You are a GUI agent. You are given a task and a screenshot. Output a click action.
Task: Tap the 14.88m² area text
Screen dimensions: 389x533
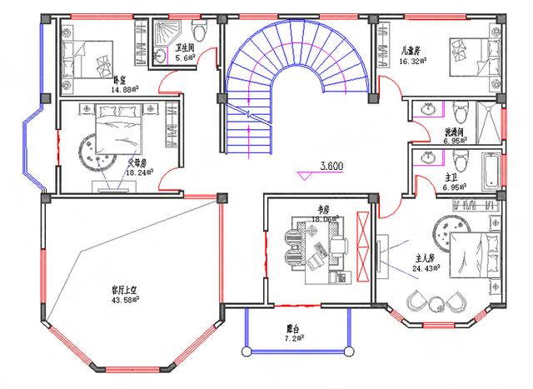pos(123,89)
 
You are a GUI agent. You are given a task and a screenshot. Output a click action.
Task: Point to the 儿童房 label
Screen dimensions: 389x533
pos(411,51)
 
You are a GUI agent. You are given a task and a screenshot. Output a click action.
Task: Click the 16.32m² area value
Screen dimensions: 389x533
pos(413,61)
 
